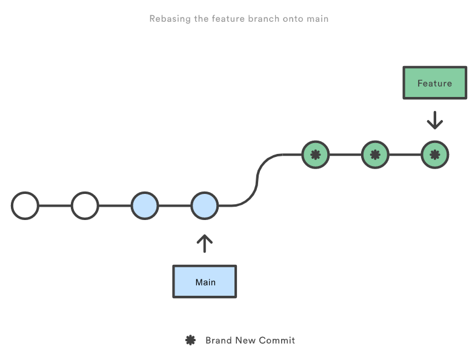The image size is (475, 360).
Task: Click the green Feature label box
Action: coord(434,82)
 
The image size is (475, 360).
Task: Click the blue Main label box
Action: coord(205,282)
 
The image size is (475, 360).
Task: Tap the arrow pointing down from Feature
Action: coord(434,120)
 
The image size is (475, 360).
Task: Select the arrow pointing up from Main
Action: coord(205,243)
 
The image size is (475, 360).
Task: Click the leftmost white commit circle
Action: coord(25,205)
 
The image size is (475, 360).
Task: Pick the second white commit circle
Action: coord(85,205)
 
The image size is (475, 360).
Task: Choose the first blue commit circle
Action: coord(145,205)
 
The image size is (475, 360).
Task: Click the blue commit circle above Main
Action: coord(205,205)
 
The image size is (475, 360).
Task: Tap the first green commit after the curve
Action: coord(315,155)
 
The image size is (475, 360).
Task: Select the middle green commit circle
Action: coord(374,155)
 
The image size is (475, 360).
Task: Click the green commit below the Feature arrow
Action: coord(434,155)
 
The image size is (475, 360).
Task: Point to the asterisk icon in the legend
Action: coord(190,341)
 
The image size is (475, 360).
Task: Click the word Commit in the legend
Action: coord(277,341)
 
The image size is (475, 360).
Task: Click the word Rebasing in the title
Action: coord(169,19)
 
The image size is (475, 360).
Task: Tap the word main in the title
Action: coord(317,19)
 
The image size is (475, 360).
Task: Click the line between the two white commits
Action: coord(55,205)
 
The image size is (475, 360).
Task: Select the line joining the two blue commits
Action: coord(174,205)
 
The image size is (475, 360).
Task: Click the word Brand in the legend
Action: coord(218,341)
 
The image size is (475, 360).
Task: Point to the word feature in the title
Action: coord(227,19)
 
